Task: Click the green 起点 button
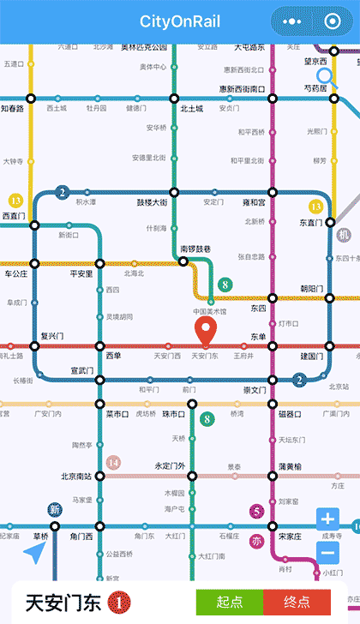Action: point(229,602)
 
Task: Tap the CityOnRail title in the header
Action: point(180,21)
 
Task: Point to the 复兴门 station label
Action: point(52,335)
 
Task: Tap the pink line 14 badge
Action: point(113,463)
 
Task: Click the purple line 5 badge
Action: point(256,512)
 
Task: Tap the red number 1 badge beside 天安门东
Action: point(119,603)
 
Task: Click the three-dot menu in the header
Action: point(291,21)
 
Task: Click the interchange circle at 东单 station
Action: point(273,346)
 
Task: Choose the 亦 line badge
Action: point(256,541)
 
